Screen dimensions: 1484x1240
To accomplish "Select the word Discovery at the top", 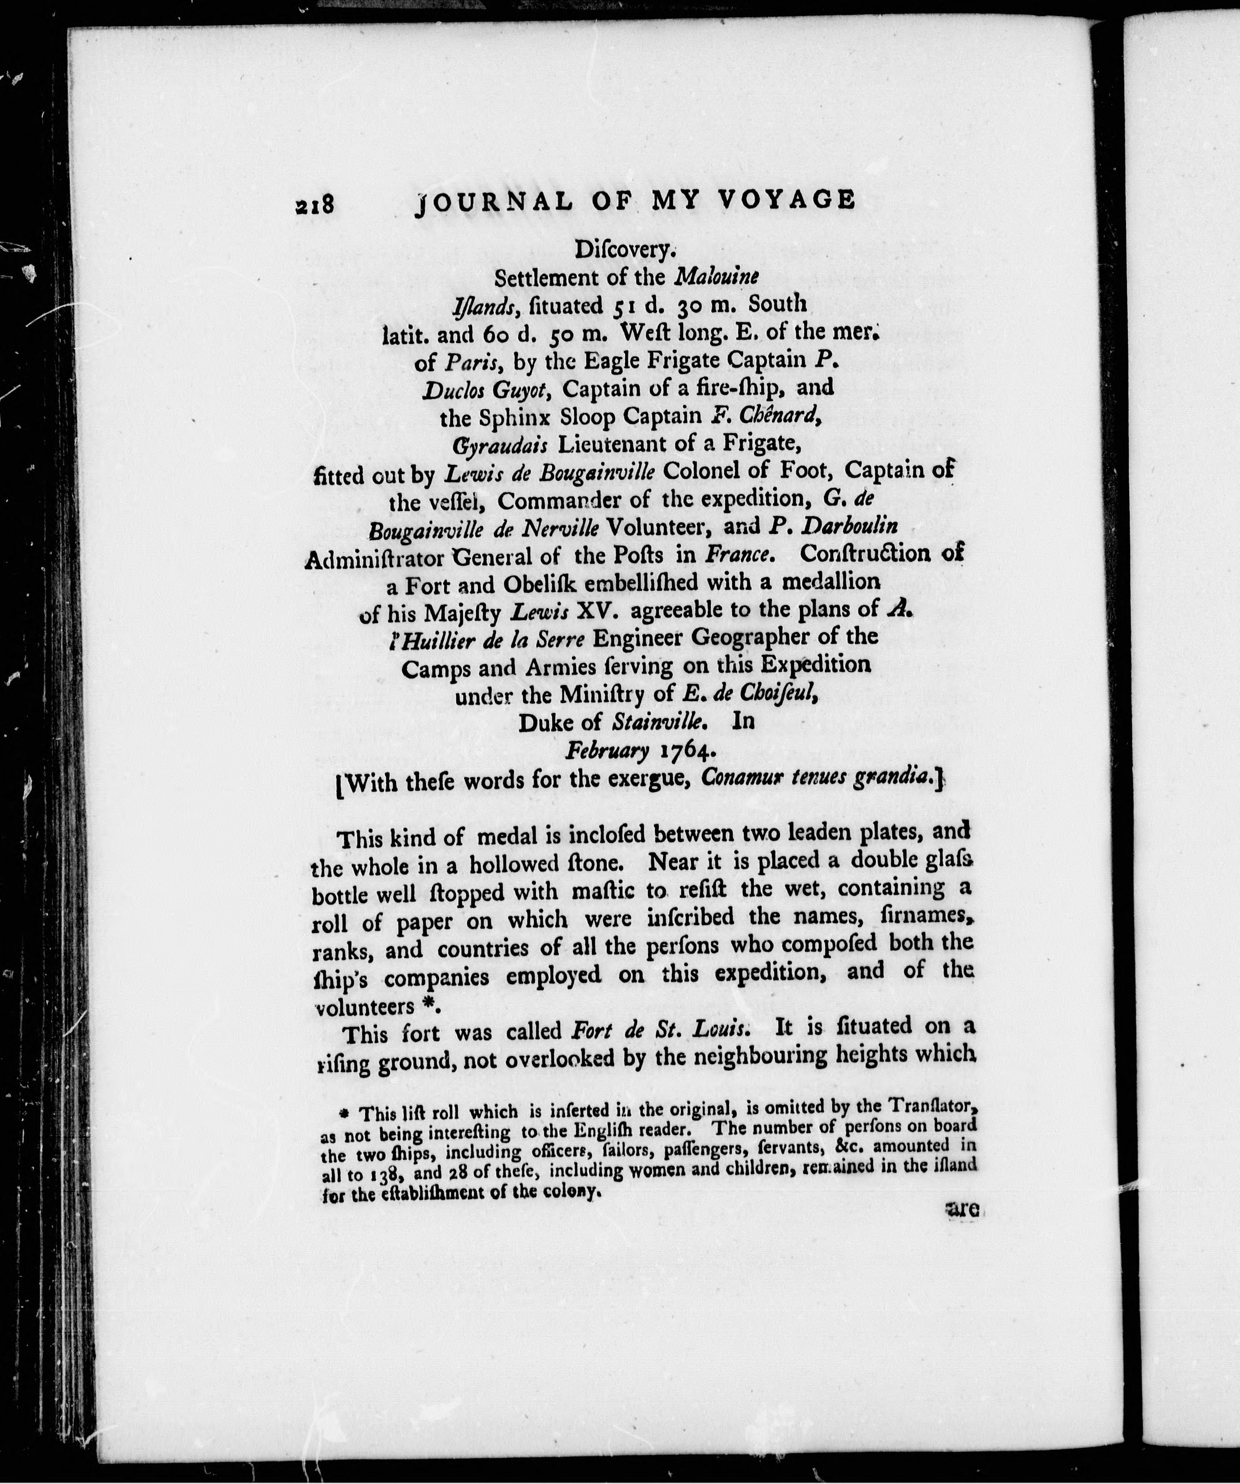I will tap(626, 250).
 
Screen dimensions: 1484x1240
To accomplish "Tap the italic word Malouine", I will tap(717, 277).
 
